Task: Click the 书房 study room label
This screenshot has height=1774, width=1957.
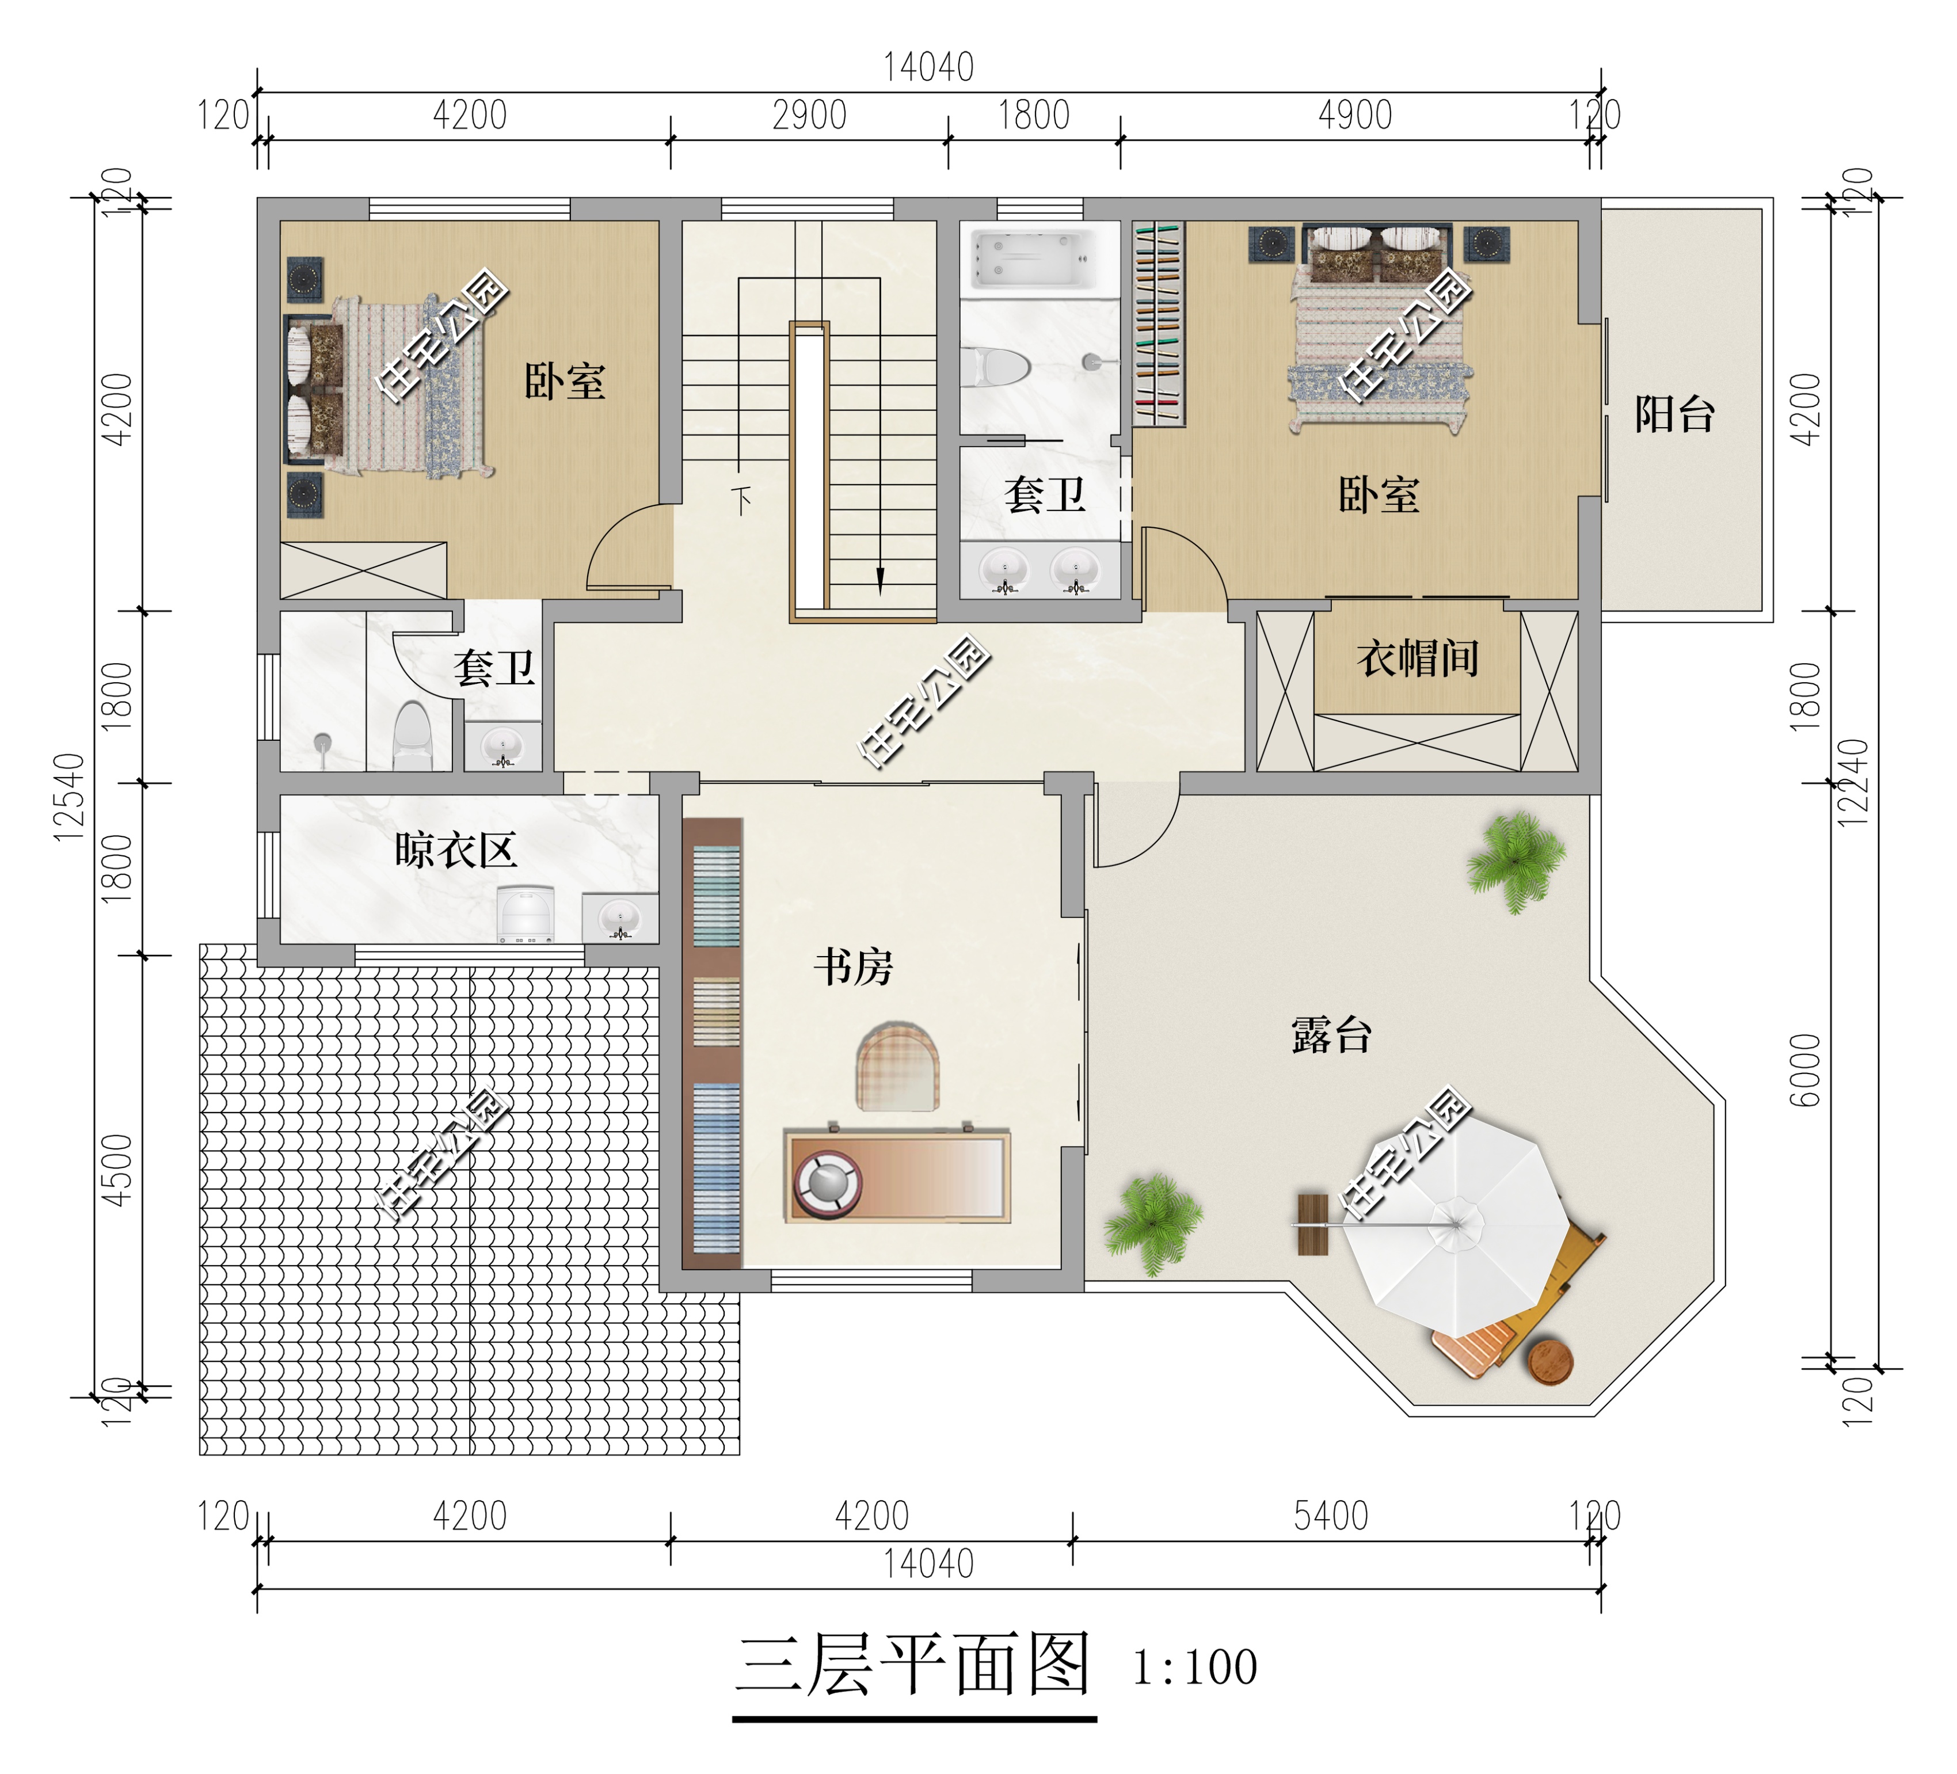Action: point(852,967)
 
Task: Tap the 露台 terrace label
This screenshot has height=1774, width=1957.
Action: point(1331,1035)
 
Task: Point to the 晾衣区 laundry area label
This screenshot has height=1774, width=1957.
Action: point(455,851)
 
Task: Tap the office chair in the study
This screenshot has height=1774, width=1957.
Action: point(897,1066)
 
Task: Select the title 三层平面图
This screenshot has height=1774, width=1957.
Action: point(912,1664)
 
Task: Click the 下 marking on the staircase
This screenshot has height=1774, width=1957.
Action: point(741,500)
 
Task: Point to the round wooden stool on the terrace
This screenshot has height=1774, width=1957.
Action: point(1549,1361)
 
